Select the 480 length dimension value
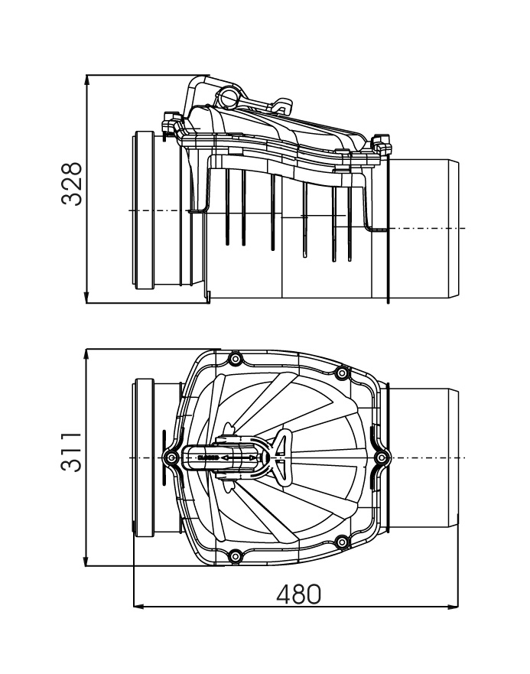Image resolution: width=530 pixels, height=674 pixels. [298, 594]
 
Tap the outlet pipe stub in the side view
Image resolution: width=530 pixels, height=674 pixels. [424, 228]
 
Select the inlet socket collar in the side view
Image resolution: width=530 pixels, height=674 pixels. [145, 210]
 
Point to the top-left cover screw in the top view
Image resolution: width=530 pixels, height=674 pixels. [235, 359]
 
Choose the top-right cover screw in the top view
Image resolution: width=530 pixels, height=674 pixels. [343, 373]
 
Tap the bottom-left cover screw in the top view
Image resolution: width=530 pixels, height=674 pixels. [235, 555]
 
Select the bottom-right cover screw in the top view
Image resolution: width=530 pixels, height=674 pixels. [343, 542]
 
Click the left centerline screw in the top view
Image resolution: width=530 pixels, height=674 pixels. [172, 457]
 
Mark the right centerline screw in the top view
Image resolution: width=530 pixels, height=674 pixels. [382, 457]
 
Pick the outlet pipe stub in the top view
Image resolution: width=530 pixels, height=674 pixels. [424, 457]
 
